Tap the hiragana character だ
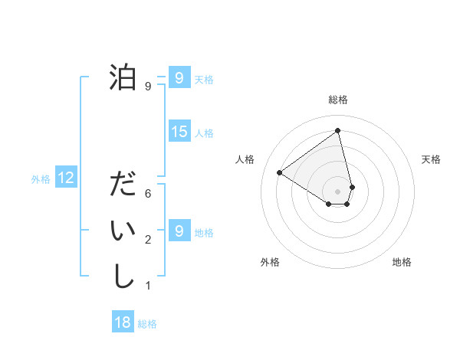tap(123, 186)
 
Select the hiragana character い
tap(123, 231)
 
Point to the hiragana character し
tap(123, 277)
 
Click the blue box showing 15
tap(179, 132)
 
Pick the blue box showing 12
tap(66, 178)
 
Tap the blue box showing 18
tap(123, 322)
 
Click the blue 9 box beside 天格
tap(179, 78)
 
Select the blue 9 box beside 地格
tap(179, 231)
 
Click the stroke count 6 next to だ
tap(148, 195)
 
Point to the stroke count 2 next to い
tap(148, 241)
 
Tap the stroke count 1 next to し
tap(148, 286)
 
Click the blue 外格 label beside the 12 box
tap(41, 179)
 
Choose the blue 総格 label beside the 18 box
tap(147, 324)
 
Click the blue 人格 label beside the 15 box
tap(204, 133)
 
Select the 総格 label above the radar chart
tap(338, 100)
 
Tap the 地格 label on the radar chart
tap(402, 262)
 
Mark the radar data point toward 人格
tap(280, 172)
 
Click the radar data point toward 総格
tap(338, 131)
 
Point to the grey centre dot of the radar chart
tap(338, 191)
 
